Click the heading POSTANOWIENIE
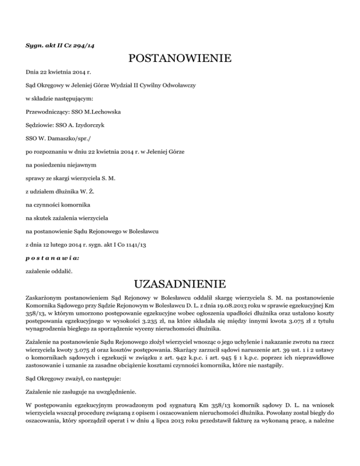180,59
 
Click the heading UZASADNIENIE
180,284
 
